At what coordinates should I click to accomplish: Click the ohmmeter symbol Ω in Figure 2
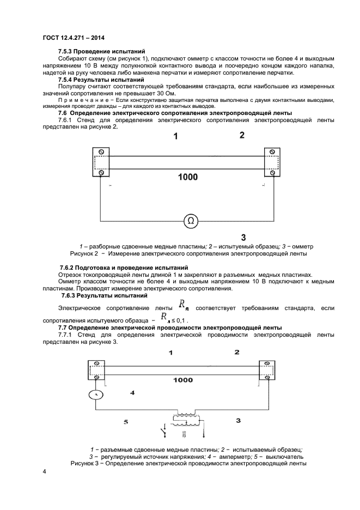[190, 220]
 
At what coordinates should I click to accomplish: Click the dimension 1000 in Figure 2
[188, 177]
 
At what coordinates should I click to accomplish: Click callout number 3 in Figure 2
[243, 237]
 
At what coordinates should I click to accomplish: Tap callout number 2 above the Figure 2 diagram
[242, 135]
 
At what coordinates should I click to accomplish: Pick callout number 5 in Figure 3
[126, 421]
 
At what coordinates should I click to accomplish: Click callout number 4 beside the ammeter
[132, 392]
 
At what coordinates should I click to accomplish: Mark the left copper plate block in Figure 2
[102, 162]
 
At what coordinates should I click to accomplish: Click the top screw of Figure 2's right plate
[271, 152]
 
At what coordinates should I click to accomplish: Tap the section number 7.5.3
[67, 51]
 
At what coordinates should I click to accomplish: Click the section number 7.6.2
[69, 268]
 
